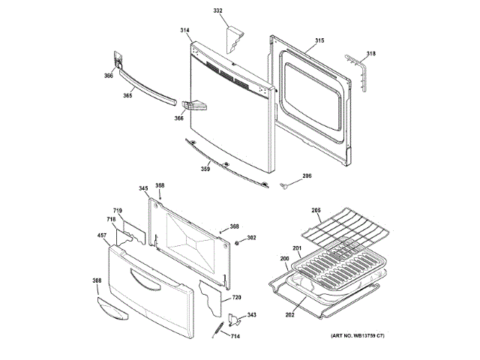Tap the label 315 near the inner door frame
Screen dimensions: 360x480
click(319, 40)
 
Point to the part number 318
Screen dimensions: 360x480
click(370, 53)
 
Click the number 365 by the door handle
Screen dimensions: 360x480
click(127, 95)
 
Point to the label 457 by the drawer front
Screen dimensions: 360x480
click(101, 236)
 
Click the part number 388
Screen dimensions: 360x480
click(97, 280)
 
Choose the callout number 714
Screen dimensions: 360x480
click(235, 336)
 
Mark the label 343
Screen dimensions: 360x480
click(251, 315)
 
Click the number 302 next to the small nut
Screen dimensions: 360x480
click(251, 238)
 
